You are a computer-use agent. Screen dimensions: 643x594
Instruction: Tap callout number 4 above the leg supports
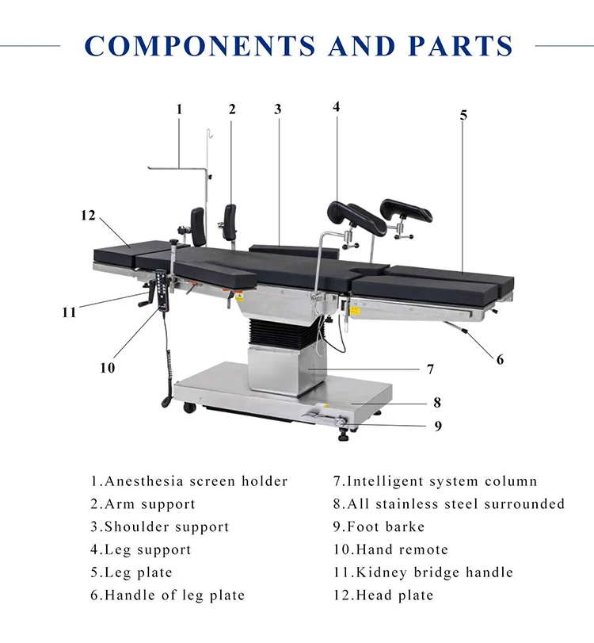[336, 106]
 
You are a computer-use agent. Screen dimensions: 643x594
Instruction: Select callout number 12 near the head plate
[87, 215]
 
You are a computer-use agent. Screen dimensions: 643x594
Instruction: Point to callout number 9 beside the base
[438, 426]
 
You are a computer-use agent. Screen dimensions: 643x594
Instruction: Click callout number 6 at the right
[500, 359]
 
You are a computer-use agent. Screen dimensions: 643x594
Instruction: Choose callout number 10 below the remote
[107, 367]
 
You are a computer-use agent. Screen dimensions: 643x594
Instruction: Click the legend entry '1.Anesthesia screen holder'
[188, 481]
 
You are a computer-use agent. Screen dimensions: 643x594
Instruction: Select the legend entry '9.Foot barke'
[379, 526]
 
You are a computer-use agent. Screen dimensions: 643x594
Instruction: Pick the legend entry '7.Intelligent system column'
[435, 481]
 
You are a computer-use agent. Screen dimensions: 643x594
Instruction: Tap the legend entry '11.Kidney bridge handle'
[423, 572]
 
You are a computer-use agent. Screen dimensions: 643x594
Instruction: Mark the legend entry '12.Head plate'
[383, 595]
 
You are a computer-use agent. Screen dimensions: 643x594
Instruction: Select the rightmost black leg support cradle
[405, 211]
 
